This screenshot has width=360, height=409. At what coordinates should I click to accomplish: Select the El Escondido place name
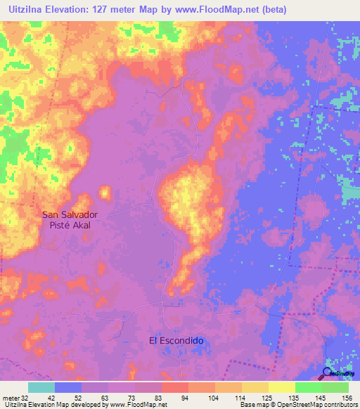click(176, 340)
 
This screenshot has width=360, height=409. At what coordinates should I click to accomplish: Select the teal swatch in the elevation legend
click(41, 387)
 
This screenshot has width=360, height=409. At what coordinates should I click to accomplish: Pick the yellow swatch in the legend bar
click(282, 387)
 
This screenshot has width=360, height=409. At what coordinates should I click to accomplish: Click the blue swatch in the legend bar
click(68, 387)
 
